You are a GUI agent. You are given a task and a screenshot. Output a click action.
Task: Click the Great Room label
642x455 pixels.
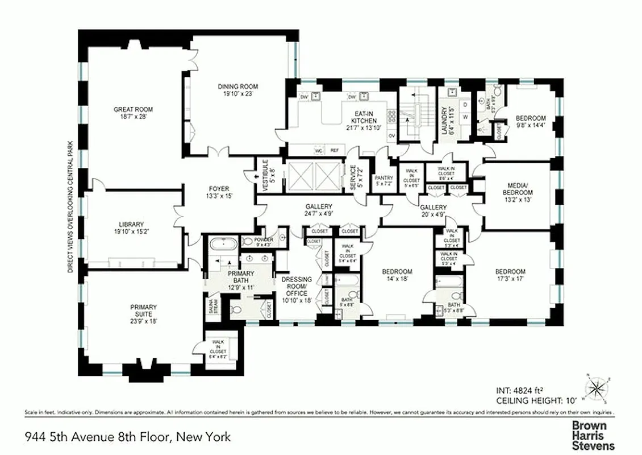click(x=133, y=109)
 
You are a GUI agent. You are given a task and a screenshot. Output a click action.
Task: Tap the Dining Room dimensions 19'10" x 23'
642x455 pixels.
click(x=238, y=94)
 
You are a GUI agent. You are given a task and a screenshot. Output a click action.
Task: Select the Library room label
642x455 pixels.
click(x=131, y=224)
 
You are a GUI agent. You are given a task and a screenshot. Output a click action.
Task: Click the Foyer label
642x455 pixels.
click(x=219, y=189)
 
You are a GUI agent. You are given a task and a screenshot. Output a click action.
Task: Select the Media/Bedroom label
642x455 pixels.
click(x=517, y=189)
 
